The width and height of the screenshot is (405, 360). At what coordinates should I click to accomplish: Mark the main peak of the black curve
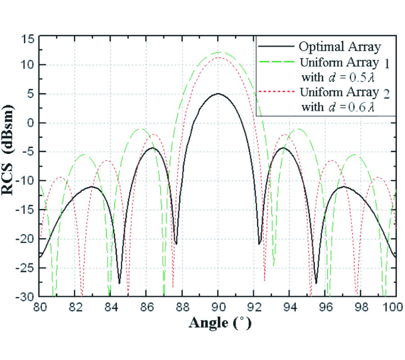click(218, 94)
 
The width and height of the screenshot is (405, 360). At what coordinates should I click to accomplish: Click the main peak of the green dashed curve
click(218, 52)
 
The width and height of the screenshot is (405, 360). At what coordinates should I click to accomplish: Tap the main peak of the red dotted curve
click(218, 58)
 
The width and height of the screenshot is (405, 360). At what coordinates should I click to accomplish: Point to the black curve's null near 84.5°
click(120, 283)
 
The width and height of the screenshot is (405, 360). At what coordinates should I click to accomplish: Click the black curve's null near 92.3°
click(260, 243)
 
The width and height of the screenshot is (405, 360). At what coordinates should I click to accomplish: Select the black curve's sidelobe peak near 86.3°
click(153, 148)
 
